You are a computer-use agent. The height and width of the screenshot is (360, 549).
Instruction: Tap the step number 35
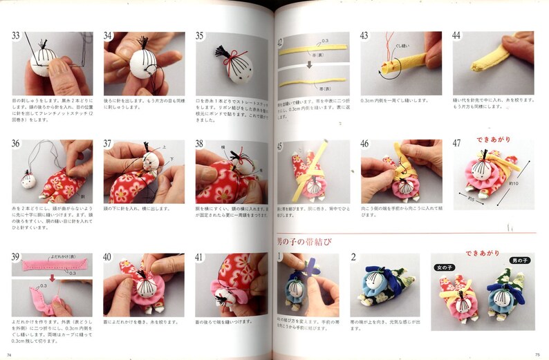201,37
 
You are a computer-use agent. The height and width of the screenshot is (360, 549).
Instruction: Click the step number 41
201,258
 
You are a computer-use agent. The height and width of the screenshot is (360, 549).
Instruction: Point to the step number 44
458,37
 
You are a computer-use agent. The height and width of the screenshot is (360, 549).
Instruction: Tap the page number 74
10,354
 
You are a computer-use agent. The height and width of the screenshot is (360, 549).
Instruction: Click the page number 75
537,354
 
